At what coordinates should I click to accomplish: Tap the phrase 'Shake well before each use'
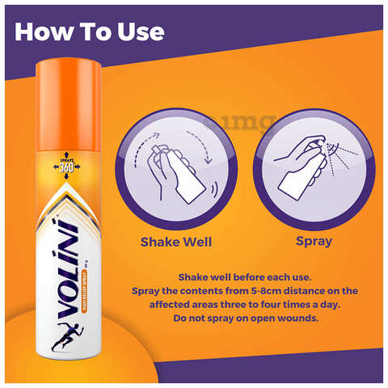pos(243,274)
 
